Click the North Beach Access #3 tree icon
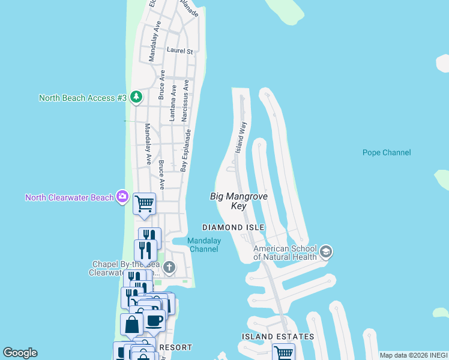[x=137, y=97]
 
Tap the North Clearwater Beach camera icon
[x=123, y=196]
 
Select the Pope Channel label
[x=387, y=152]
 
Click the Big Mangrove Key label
[x=239, y=201]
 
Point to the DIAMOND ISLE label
[x=233, y=227]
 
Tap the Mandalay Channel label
[x=204, y=245]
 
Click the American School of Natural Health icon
[x=326, y=250]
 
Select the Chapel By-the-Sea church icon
[x=169, y=267]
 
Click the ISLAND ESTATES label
[x=278, y=337]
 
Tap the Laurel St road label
[x=179, y=51]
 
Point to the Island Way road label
[x=241, y=137]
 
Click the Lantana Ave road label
[x=173, y=103]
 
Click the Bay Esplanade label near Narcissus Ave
[x=185, y=150]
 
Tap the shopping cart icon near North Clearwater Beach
[x=145, y=204]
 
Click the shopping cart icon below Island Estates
[x=283, y=353]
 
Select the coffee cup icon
[x=154, y=320]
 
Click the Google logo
[x=20, y=353]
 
